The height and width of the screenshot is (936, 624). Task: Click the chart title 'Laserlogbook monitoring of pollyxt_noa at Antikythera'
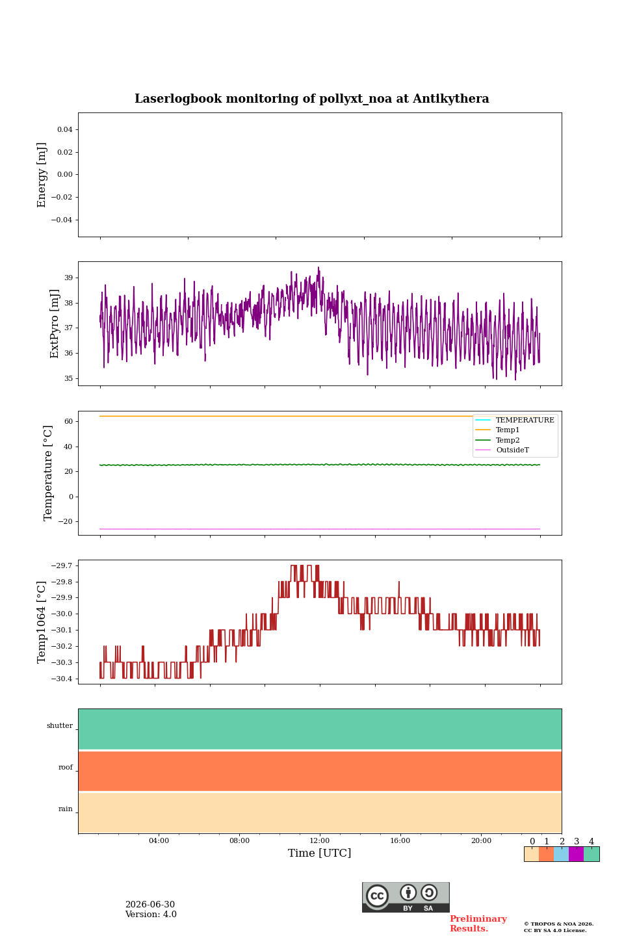[x=311, y=99]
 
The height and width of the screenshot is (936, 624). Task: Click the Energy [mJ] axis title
[x=42, y=175]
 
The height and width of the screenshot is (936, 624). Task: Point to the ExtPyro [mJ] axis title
[x=55, y=324]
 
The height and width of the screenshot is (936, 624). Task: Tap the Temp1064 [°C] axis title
[x=42, y=622]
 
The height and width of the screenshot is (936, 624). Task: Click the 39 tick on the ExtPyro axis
[x=68, y=278]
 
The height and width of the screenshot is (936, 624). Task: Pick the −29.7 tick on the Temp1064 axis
[x=62, y=565]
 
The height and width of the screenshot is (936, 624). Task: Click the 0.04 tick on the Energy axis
[x=65, y=129]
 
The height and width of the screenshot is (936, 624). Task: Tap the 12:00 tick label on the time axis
[x=319, y=840]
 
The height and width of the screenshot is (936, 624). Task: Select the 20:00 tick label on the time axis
[x=481, y=840]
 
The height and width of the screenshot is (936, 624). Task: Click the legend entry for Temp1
[x=508, y=430]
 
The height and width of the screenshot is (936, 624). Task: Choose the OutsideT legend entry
[x=512, y=450]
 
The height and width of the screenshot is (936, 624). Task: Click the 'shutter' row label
[x=60, y=725]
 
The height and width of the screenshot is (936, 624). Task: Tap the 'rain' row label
[x=66, y=809]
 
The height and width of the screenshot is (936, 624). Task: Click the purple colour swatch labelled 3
[x=576, y=854]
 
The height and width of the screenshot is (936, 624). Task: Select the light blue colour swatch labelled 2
[x=562, y=854]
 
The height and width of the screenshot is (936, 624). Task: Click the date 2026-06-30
[x=150, y=904]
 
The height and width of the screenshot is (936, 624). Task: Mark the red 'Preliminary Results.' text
[x=478, y=924]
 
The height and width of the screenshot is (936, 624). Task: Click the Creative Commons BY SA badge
[x=406, y=897]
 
